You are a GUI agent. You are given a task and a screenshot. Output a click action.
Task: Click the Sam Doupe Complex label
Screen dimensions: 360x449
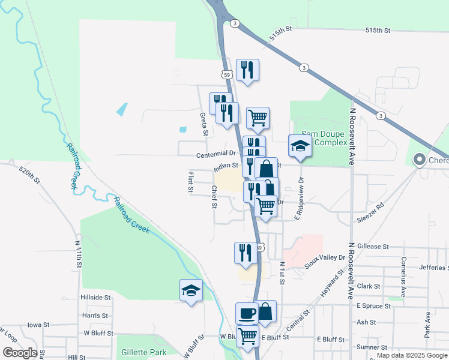[x=324, y=138]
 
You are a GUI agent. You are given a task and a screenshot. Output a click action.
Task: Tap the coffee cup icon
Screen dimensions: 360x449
[x=247, y=313]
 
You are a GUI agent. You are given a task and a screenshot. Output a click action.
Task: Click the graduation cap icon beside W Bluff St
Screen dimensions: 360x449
[x=191, y=291]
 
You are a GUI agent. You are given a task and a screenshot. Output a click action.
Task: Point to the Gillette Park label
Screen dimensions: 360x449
[x=142, y=352]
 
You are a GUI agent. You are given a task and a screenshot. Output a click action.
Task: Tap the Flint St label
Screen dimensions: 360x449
[x=190, y=183]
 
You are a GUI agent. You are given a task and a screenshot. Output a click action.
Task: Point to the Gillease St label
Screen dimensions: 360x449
[x=373, y=246]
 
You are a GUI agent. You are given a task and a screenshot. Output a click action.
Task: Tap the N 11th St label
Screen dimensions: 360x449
[x=77, y=255]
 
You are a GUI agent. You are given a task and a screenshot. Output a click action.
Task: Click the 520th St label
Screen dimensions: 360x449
[x=29, y=175]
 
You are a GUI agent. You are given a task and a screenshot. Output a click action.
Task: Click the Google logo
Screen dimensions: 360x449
[x=20, y=353]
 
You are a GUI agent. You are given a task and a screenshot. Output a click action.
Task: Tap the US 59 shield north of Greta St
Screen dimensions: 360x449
[x=226, y=74]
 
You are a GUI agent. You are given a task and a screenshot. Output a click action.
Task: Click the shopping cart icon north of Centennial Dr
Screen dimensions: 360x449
[x=258, y=119]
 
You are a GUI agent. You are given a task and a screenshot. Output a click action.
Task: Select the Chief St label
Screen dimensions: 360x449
[x=213, y=197]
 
